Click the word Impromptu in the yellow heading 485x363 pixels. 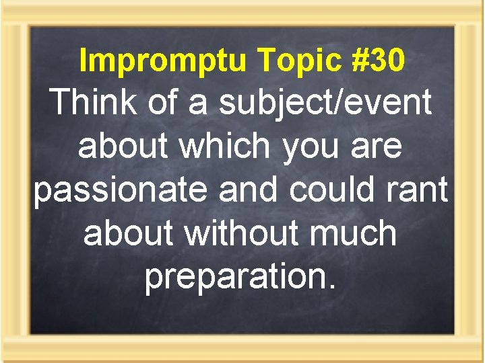[163, 61]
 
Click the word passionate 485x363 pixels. [123, 191]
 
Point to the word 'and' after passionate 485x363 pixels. [250, 190]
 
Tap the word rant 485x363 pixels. [418, 191]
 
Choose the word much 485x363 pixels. [358, 233]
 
